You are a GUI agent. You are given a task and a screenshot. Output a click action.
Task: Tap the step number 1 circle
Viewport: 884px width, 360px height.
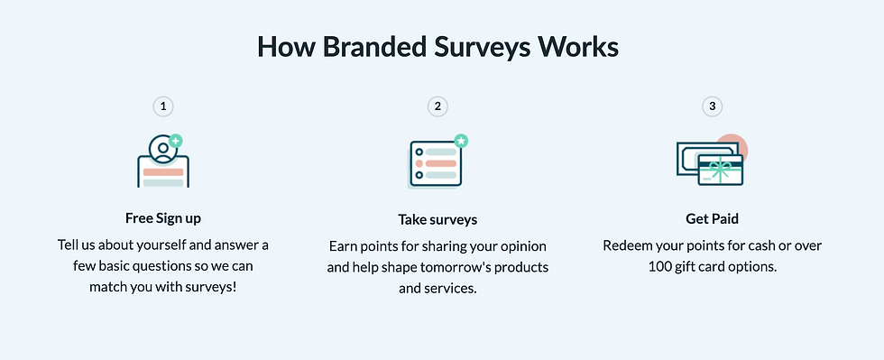click(163, 106)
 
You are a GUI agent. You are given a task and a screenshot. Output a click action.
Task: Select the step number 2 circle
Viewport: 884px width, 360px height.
click(437, 106)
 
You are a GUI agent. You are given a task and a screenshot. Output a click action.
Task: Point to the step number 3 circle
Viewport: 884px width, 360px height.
click(712, 106)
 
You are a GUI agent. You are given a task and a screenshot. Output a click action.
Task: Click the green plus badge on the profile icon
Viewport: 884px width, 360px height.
click(175, 141)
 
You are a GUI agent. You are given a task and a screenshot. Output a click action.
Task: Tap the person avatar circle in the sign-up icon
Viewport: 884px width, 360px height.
click(163, 149)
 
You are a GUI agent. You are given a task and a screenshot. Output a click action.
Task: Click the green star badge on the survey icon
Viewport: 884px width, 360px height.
click(461, 141)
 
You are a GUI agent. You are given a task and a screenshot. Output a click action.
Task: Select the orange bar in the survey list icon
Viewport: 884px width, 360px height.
click(440, 163)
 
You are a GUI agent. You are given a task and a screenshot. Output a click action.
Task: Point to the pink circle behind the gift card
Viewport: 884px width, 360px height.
click(732, 146)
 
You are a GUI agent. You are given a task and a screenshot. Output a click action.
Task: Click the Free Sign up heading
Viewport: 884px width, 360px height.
click(163, 218)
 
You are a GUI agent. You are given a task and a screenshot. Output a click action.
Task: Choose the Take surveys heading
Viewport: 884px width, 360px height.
click(437, 219)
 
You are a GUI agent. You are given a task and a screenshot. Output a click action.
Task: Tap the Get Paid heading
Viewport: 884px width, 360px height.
click(712, 218)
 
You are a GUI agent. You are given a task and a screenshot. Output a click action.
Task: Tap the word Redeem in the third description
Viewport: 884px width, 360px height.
click(623, 246)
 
